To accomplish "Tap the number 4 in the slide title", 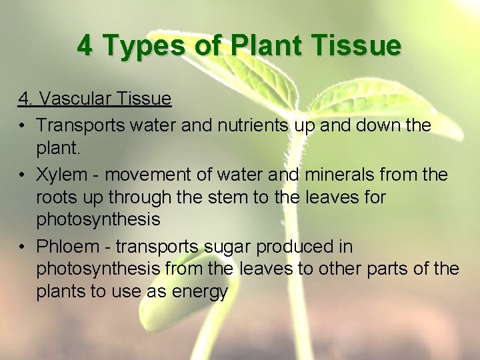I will tap(85, 46).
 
